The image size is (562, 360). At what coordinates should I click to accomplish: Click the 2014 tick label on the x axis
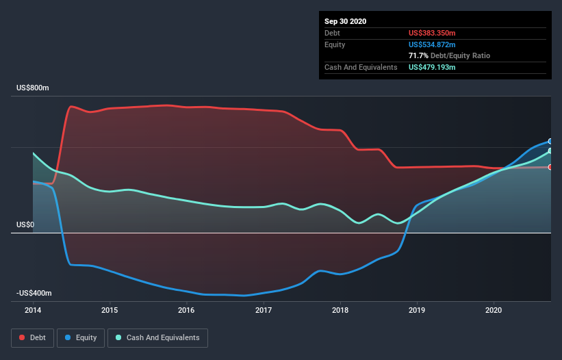(x=33, y=310)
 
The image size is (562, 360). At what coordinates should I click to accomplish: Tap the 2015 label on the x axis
(x=110, y=310)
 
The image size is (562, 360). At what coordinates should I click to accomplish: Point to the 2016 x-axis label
(x=186, y=310)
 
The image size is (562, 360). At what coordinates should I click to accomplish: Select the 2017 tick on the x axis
(x=264, y=310)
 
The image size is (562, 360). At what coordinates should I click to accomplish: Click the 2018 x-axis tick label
(x=340, y=310)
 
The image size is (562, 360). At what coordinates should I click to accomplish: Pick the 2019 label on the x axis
(x=417, y=310)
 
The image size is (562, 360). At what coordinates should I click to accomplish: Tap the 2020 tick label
(x=494, y=310)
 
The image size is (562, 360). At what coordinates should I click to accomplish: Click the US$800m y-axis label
(x=34, y=88)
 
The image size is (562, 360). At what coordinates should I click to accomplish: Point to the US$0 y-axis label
(x=25, y=224)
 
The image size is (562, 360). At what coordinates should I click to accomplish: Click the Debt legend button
(x=32, y=337)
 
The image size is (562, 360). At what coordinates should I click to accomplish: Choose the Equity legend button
(x=81, y=337)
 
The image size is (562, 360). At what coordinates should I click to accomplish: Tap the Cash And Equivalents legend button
(x=157, y=337)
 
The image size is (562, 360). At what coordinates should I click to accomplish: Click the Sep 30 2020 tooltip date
(x=346, y=21)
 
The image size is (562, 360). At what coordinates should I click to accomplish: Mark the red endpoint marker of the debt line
(x=550, y=167)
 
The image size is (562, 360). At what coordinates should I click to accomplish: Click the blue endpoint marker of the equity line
(x=550, y=141)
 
